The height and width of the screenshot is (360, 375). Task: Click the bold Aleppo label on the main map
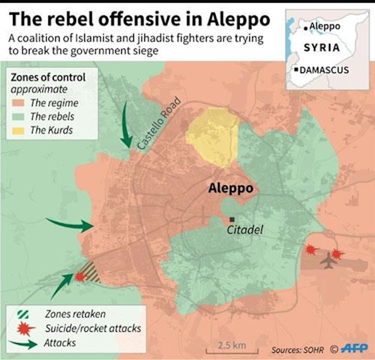[x=231, y=189]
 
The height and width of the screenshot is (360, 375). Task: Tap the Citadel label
[x=244, y=230]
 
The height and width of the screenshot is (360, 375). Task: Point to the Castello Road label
[x=159, y=126]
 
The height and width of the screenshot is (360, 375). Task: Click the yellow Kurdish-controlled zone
[x=212, y=136]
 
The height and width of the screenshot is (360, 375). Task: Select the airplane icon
[x=328, y=259]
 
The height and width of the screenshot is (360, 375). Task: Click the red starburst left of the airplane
[x=311, y=250]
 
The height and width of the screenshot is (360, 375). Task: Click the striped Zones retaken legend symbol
[x=22, y=314]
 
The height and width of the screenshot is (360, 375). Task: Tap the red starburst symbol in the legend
[x=22, y=328]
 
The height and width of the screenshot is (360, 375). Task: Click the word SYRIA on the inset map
[x=322, y=47]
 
